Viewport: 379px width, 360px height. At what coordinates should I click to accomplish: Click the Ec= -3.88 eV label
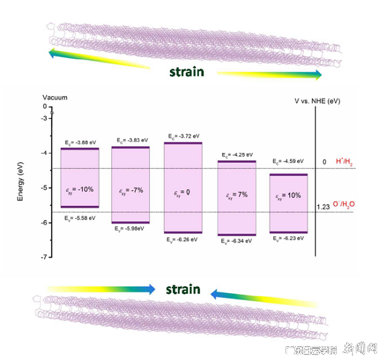point(80,142)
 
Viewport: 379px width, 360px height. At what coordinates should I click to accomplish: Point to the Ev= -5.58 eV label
point(80,218)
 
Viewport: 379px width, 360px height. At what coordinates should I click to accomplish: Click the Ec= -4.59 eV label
point(288,162)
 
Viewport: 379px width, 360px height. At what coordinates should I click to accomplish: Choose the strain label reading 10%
point(288,198)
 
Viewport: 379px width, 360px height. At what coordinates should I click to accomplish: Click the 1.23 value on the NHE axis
point(322,207)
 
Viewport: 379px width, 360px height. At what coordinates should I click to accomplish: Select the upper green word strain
point(186,71)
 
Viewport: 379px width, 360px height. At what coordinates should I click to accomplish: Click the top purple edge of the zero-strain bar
point(183,143)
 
